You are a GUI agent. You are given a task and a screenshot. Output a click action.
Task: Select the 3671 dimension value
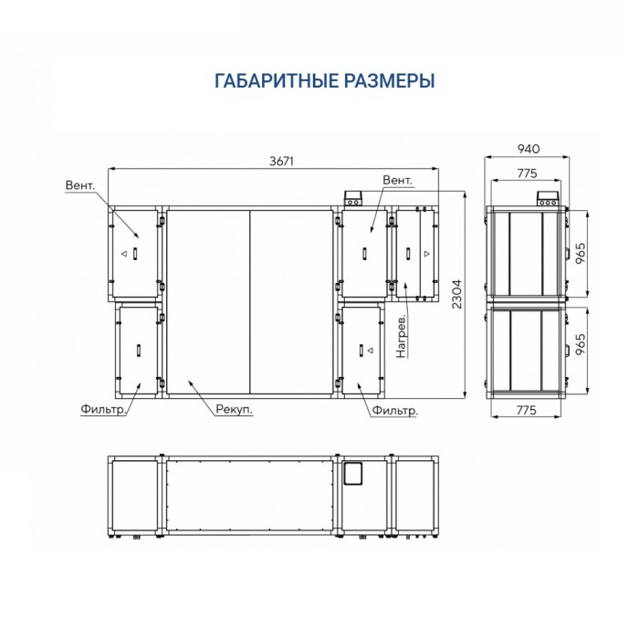(x=282, y=161)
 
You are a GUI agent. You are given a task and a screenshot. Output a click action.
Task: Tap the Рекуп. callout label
(x=234, y=410)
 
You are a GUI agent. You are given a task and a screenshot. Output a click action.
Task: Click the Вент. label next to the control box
(x=399, y=180)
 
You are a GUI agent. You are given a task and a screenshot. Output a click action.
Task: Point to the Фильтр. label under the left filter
(x=96, y=410)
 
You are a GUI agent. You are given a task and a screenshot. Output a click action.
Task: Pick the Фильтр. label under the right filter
(x=395, y=411)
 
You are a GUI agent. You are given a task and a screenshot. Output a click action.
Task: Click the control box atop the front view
(x=352, y=198)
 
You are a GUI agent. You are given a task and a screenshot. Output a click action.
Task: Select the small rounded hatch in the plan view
(x=352, y=472)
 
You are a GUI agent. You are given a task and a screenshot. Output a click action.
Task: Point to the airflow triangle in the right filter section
(x=361, y=350)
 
